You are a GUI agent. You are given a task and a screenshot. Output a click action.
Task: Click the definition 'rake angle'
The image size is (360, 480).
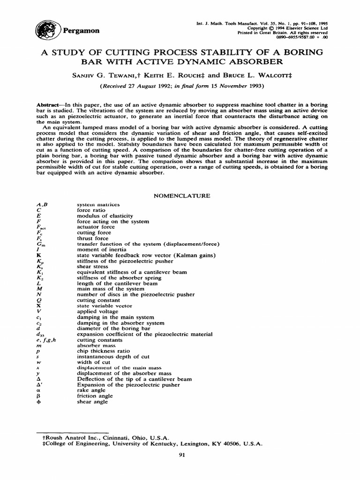point(90,390)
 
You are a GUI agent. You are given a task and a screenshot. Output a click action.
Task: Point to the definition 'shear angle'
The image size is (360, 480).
point(92,401)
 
